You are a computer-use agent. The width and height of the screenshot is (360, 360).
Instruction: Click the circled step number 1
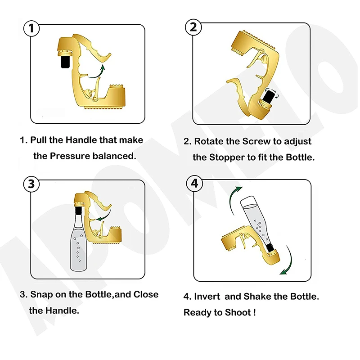31,29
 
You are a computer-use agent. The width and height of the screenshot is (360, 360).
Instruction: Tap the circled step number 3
31,184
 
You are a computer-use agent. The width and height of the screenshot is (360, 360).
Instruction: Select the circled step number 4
194,184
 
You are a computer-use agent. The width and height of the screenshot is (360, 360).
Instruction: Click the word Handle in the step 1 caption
84,140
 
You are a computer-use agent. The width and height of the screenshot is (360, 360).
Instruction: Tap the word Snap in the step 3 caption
41,295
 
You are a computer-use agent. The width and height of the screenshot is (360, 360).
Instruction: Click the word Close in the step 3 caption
146,295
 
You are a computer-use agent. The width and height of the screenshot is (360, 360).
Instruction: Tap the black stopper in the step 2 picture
270,96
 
